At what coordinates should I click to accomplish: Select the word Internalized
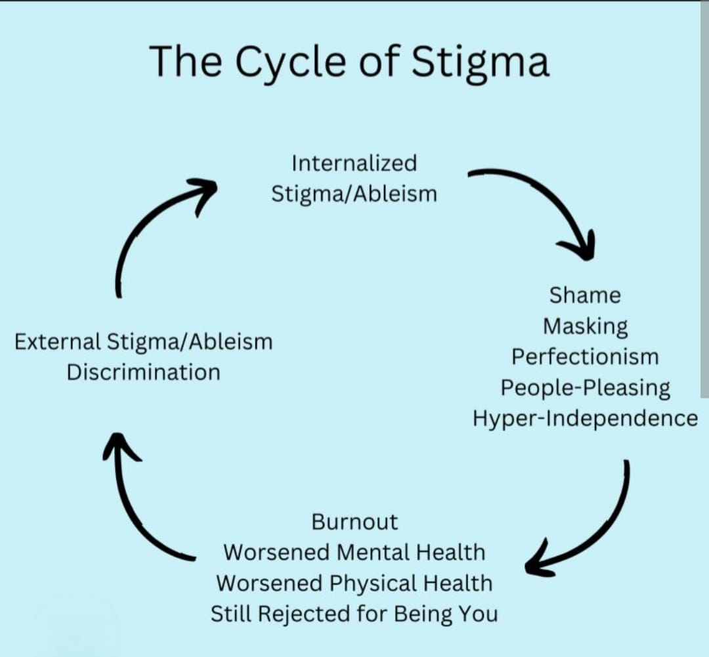pyautogui.click(x=354, y=163)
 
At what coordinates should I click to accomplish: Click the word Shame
pyautogui.click(x=585, y=295)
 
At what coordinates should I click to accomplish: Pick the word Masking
pyautogui.click(x=585, y=326)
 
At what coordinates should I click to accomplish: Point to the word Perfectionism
pyautogui.click(x=585, y=357)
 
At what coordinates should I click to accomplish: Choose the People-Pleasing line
pyautogui.click(x=585, y=388)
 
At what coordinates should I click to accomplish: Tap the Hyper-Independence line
pyautogui.click(x=585, y=418)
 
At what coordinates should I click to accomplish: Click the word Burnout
pyautogui.click(x=354, y=522)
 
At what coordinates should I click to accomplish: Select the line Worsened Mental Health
pyautogui.click(x=354, y=552)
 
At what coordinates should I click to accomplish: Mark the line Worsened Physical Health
pyautogui.click(x=354, y=583)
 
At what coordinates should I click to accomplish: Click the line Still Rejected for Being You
pyautogui.click(x=354, y=614)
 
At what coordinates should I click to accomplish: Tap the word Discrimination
pyautogui.click(x=143, y=372)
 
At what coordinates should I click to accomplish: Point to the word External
pyautogui.click(x=56, y=342)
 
